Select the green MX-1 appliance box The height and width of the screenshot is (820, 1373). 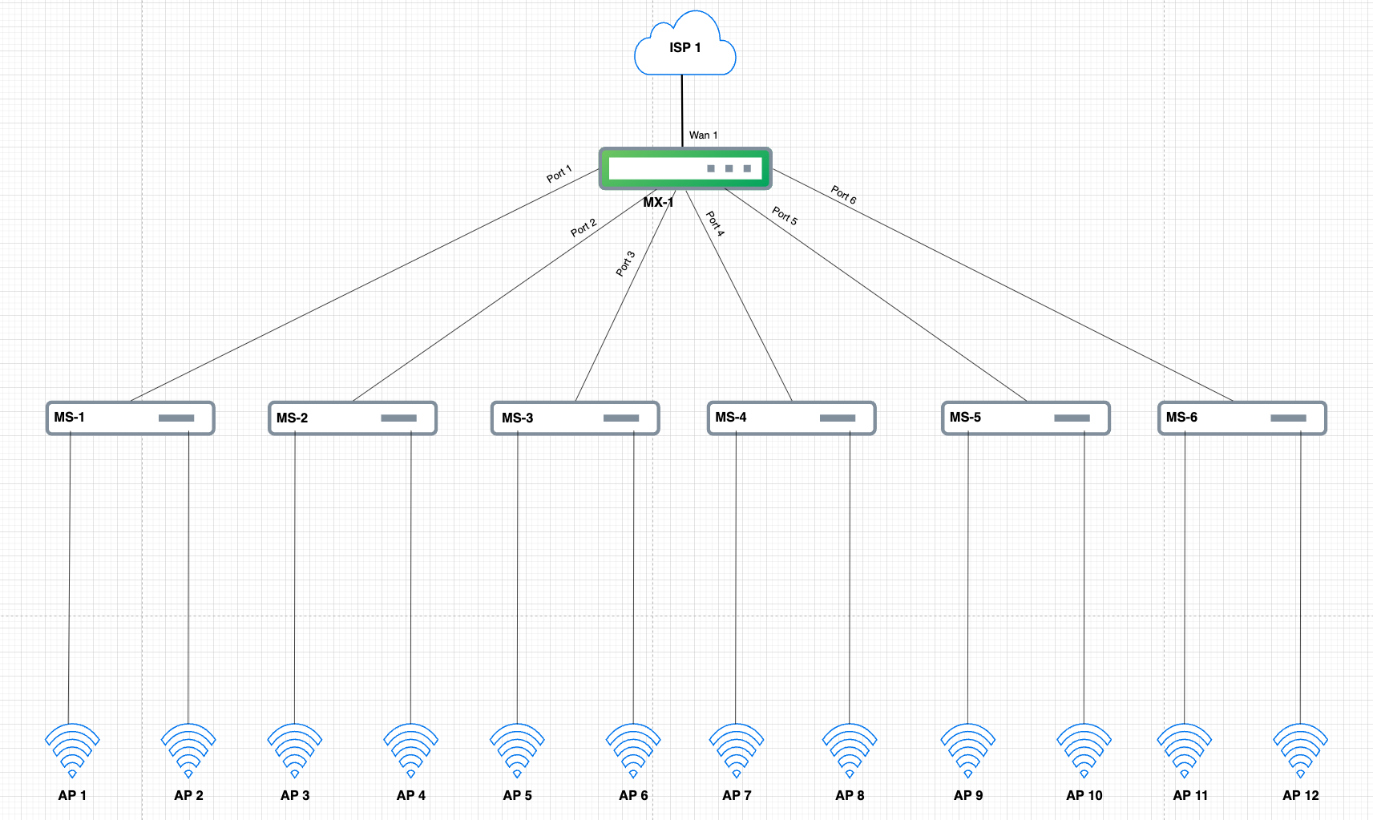685,168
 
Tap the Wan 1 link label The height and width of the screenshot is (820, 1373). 703,135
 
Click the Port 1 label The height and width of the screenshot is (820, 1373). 559,174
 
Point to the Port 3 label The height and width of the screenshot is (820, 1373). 625,263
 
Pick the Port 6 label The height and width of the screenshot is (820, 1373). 843,195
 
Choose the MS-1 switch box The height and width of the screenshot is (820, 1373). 130,418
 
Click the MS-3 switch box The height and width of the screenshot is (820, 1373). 575,418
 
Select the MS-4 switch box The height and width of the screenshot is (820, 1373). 791,418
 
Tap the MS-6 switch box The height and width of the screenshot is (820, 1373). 1242,418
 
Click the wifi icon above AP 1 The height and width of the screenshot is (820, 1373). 72,749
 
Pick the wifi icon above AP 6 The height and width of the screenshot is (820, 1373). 633,749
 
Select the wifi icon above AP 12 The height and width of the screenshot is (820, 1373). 1300,749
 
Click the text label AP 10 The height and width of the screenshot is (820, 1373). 1084,795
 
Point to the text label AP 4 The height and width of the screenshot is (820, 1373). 410,795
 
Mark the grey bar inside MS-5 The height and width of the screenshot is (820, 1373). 1072,418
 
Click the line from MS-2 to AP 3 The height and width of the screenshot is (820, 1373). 294,577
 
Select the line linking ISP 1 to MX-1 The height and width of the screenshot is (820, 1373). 682,108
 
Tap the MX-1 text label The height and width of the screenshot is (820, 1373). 657,202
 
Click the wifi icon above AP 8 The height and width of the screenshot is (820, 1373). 850,749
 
